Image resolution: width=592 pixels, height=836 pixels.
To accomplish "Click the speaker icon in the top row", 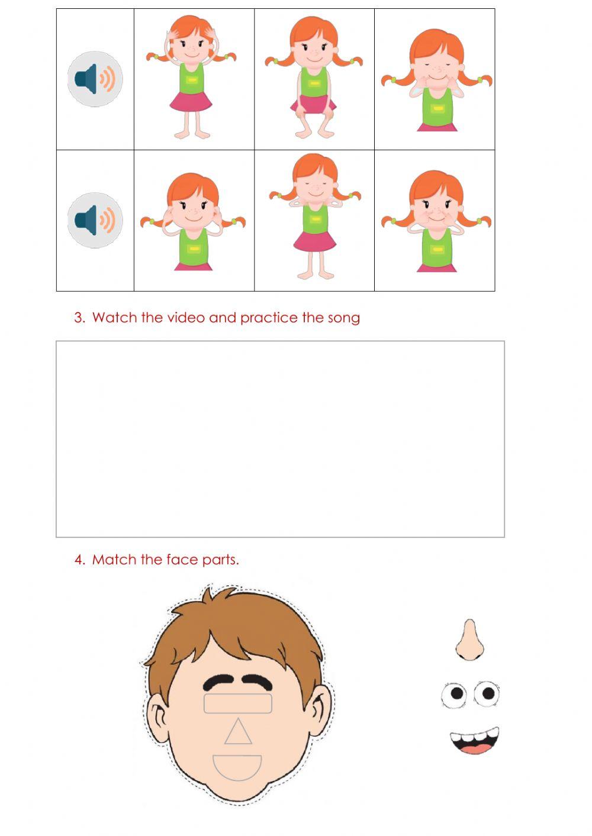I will pos(95,79).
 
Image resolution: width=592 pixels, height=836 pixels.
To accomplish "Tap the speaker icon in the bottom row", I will pos(95,220).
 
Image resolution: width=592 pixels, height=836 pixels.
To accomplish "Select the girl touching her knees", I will pos(314,79).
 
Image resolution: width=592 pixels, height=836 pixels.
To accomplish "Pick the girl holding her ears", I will pos(192,221).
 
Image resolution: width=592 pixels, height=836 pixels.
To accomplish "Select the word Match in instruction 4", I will pos(114,560).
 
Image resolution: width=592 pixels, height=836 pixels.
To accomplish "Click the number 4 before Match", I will pos(79,560).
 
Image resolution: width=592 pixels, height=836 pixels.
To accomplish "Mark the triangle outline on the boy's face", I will pos(238,732).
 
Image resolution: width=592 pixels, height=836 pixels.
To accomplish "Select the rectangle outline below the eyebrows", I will pos(237,703).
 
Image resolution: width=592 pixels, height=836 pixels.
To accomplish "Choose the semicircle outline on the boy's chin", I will pos(237,767).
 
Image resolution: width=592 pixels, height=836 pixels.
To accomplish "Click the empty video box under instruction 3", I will pos(280,439).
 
